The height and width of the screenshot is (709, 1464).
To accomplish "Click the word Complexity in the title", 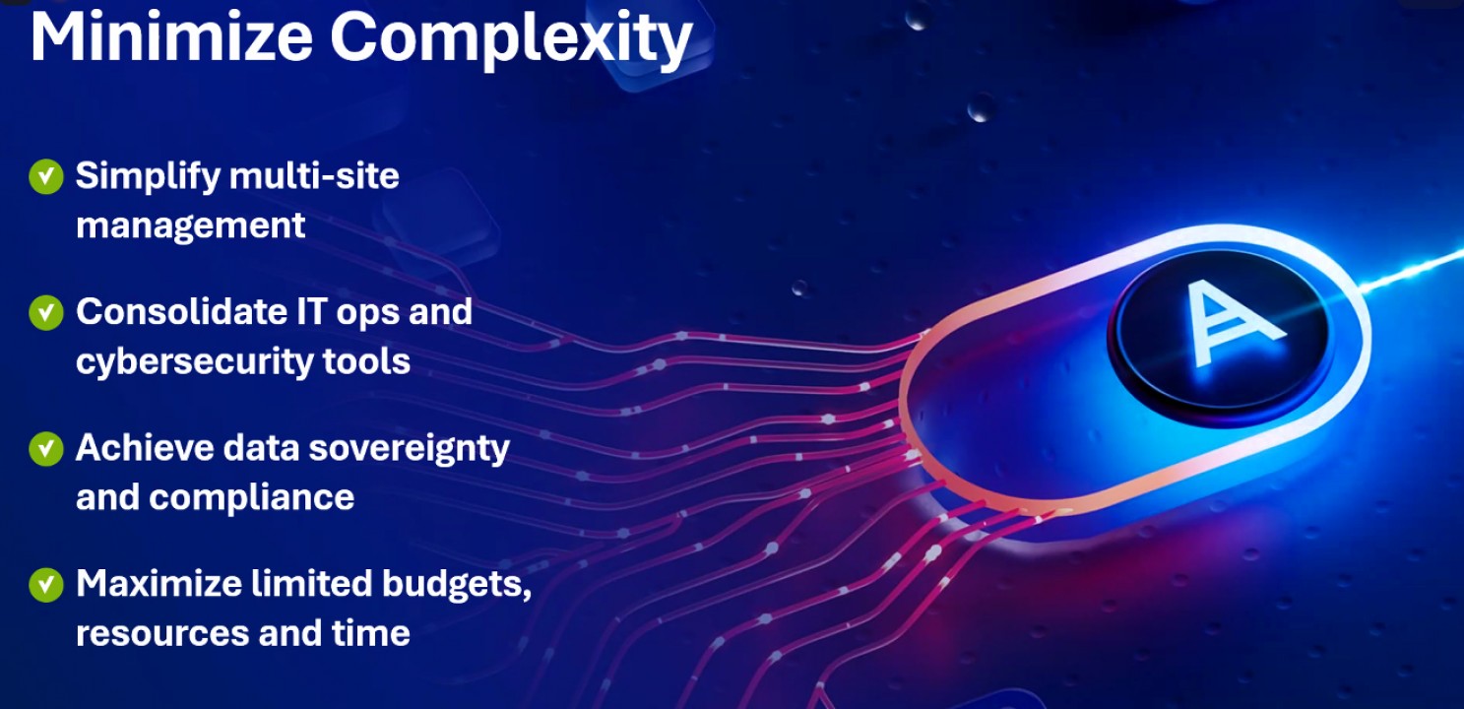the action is (x=511, y=39).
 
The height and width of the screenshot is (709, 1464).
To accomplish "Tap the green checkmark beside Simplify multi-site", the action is (x=46, y=176).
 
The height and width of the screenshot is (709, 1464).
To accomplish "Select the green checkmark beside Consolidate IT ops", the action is (x=46, y=312).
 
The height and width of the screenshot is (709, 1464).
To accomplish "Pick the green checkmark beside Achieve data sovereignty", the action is (x=46, y=448).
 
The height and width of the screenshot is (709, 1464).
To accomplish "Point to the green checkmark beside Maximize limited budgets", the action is (x=46, y=584).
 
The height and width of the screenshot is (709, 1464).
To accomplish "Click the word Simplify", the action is (x=149, y=177).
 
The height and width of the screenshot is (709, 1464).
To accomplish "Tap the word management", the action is (x=190, y=226).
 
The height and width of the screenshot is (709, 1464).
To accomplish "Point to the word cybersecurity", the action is (x=194, y=362).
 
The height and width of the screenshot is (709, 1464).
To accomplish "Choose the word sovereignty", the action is (x=409, y=450).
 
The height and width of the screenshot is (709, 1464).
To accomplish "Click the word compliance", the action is (x=252, y=499).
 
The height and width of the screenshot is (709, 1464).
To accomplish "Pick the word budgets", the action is (x=457, y=585).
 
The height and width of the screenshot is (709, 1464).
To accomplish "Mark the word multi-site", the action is (x=314, y=176).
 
